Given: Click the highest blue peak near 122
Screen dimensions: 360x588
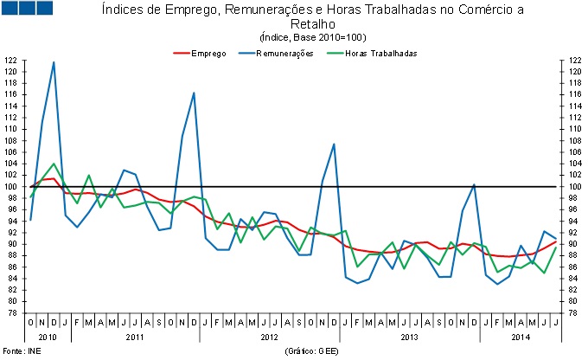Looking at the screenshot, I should tap(54, 62).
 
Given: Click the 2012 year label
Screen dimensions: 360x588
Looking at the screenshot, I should tap(269, 336).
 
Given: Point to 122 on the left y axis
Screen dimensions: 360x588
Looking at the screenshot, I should tap(11, 61).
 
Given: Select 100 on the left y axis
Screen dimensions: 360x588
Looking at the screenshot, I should tap(11, 186).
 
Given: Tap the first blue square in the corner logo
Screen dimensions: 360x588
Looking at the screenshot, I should tap(10, 8).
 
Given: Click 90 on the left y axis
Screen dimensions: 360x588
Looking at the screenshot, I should tap(11, 244).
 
